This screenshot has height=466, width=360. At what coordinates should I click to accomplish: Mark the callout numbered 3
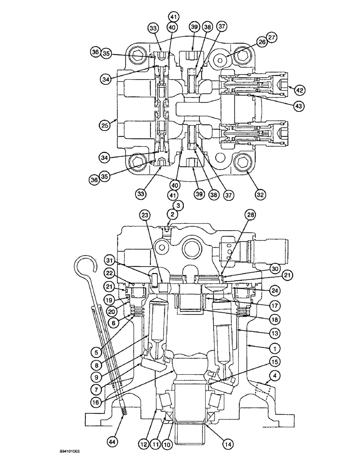click(177, 205)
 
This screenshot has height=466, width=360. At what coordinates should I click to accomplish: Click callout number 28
click(251, 215)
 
